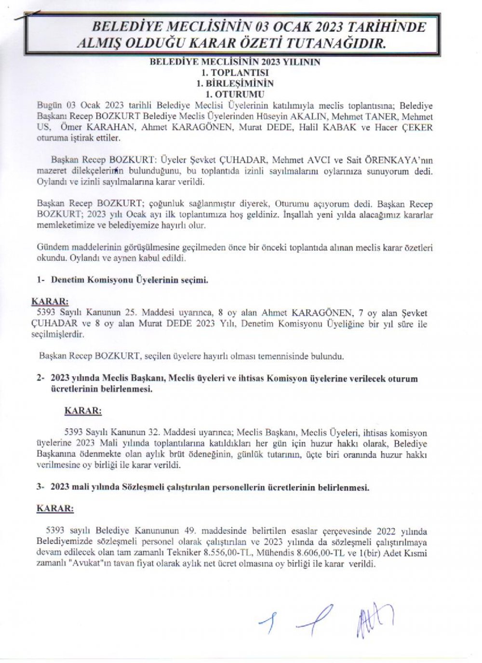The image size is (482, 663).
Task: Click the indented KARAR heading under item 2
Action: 82,411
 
